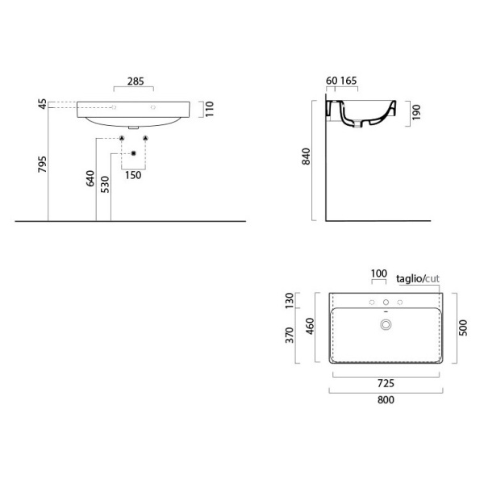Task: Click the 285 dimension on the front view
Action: (134, 81)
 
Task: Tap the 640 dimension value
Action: (91, 177)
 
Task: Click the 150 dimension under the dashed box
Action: (133, 175)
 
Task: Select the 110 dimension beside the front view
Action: (208, 109)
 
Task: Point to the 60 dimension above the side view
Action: (331, 81)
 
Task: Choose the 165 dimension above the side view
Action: (348, 81)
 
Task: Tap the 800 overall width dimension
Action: (386, 401)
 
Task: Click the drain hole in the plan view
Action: (386, 325)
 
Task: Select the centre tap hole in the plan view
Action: (386, 302)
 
